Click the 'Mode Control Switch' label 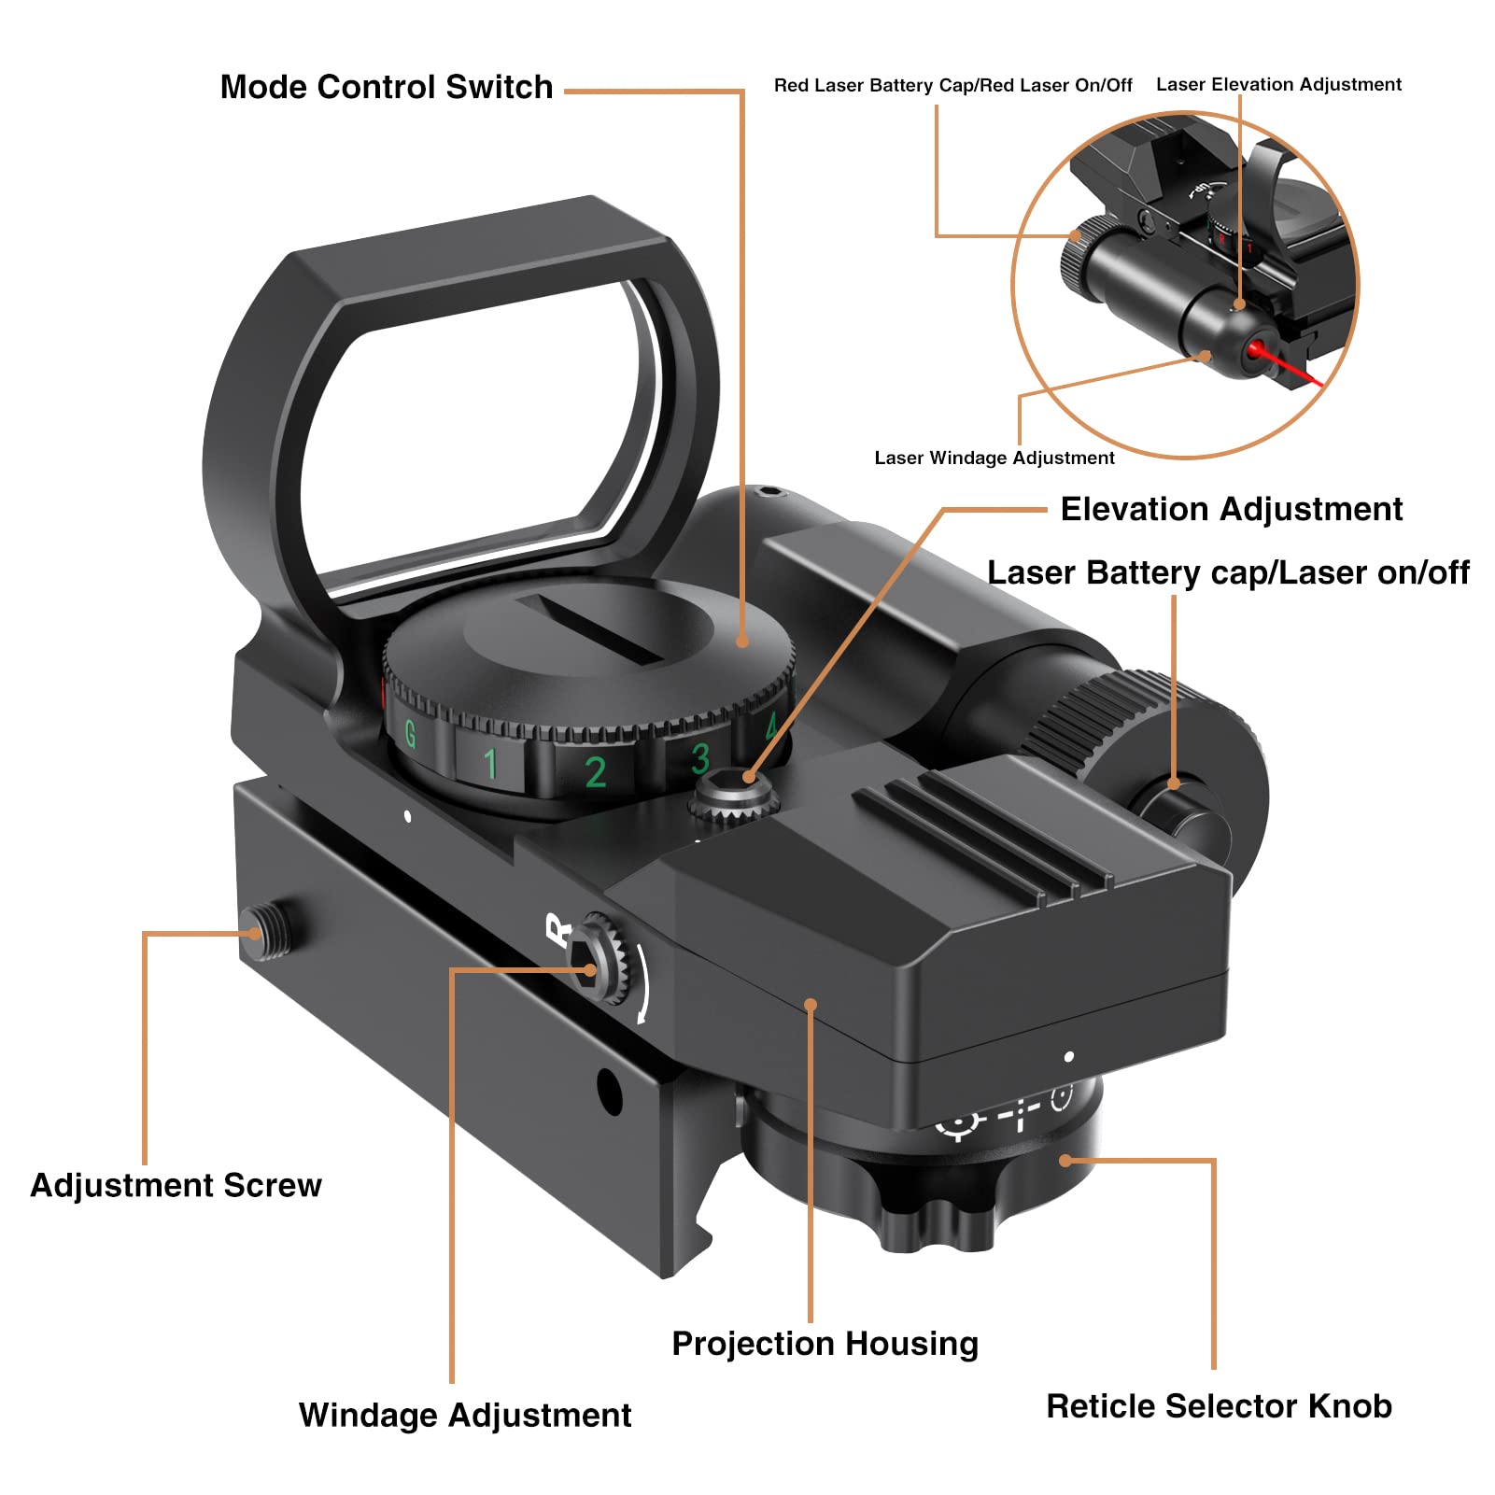[387, 87]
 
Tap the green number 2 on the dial [595, 772]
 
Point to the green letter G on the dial [410, 733]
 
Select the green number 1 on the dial [491, 763]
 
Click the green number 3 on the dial [700, 758]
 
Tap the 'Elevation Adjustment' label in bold [1232, 509]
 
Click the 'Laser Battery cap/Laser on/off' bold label [1228, 572]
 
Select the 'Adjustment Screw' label [176, 1185]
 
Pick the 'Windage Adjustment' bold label [465, 1415]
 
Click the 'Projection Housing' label [825, 1344]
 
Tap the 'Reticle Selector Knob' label [1219, 1405]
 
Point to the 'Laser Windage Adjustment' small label [994, 458]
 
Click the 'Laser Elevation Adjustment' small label [1278, 84]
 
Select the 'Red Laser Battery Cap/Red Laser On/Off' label [952, 85]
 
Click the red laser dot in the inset [1257, 351]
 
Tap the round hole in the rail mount [609, 1090]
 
